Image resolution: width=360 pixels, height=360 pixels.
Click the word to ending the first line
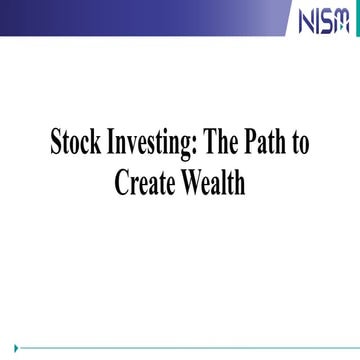pyautogui.click(x=300, y=144)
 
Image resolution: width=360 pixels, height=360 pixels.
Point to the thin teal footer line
pyautogui.click(x=180, y=348)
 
